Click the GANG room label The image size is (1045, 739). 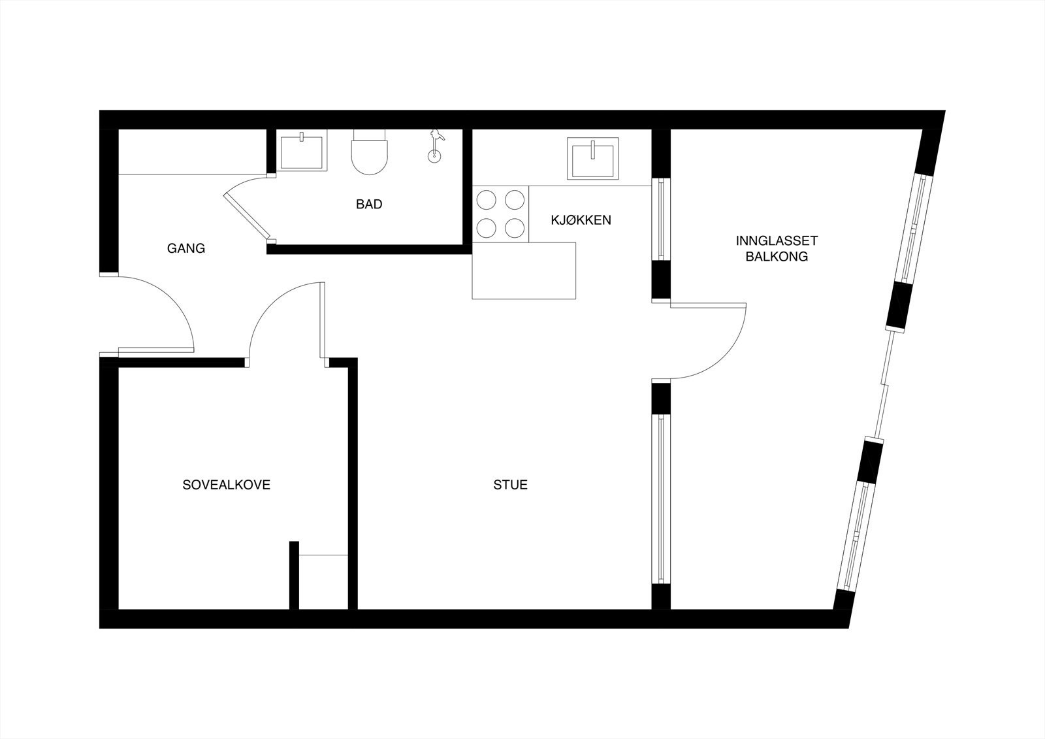[186, 248]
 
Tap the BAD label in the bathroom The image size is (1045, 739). [369, 205]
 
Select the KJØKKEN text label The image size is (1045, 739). [581, 220]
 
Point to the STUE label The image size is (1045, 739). [511, 485]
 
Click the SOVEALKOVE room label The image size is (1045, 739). [226, 485]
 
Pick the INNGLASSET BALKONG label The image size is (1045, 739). [777, 249]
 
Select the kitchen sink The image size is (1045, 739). [592, 158]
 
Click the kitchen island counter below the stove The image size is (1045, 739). [524, 271]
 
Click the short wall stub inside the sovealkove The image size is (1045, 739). [294, 575]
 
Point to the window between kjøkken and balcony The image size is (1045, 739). [661, 219]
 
